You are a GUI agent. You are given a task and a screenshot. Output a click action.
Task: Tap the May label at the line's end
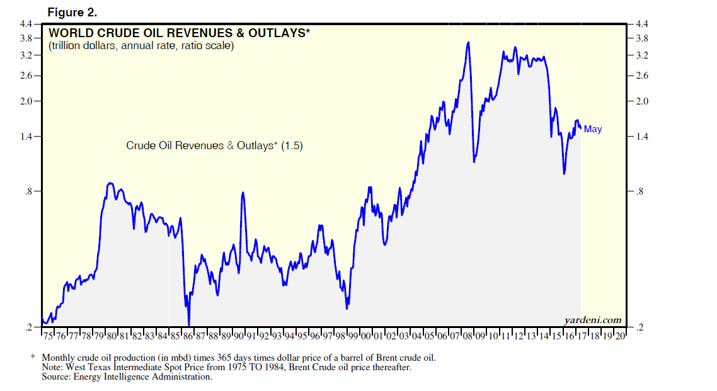(x=592, y=129)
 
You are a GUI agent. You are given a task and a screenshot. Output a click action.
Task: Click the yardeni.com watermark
(x=592, y=320)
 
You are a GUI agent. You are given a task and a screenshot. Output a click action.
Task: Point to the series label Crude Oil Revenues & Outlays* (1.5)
(x=214, y=145)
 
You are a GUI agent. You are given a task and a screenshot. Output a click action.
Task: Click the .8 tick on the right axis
(x=640, y=191)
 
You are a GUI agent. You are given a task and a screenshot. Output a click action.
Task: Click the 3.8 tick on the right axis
(x=642, y=38)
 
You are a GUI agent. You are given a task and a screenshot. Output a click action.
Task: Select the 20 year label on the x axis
(x=620, y=336)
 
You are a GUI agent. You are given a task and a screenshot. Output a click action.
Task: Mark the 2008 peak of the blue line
(x=467, y=43)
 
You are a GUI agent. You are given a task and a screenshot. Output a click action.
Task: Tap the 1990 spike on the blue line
(x=243, y=193)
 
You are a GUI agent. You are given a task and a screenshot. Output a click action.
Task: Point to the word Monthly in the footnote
(x=60, y=358)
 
